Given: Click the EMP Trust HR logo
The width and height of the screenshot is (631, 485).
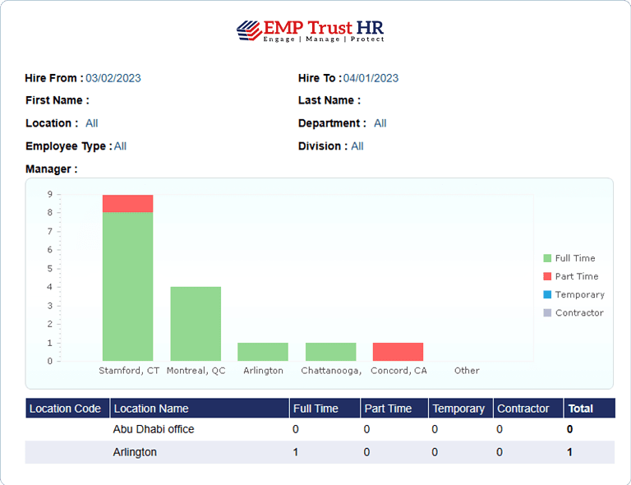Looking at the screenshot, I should coord(311,30).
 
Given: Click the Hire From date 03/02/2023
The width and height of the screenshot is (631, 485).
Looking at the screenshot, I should coord(113,78).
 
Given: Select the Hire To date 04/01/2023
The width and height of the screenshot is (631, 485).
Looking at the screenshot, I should coord(371,78).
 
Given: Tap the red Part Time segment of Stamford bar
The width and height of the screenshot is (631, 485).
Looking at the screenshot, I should coord(127,203).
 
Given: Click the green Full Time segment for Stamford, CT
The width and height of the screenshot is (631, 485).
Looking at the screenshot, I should coord(127,286).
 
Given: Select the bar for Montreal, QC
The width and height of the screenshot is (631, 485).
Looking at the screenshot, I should coord(196,323).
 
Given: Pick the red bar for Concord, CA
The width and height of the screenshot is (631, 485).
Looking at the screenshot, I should coord(398,352).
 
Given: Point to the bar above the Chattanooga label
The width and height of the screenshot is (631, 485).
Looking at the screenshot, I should coord(330,352).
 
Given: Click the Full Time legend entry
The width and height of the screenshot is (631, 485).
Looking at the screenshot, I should coord(574,258).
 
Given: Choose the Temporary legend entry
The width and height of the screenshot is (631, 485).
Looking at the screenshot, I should coord(578,294).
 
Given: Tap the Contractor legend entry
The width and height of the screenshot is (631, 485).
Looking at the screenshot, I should coord(578,312).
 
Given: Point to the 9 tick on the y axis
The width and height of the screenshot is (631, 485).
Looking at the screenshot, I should coord(49,195).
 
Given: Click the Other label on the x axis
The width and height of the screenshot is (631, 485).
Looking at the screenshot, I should coord(467,371).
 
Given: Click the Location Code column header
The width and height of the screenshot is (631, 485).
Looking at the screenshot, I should coord(66,409).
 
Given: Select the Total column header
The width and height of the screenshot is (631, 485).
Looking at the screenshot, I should coord(580,409).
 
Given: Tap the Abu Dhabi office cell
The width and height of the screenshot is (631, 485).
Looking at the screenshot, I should coord(154,429).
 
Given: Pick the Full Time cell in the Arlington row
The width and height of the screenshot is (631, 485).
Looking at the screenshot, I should coord(296,452).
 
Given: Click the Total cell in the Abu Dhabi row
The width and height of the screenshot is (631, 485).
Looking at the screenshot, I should coord(569,429).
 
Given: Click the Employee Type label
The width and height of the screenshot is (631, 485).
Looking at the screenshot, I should coord(67,146).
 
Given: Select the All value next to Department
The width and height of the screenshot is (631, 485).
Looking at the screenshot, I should coord(380,123).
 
